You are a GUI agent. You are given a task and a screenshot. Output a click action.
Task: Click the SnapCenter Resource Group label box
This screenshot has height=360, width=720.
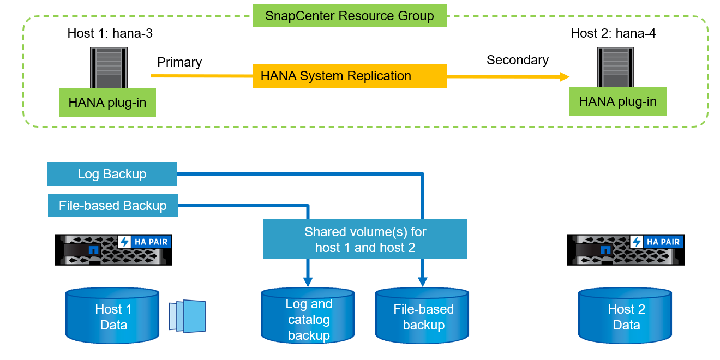(x=350, y=15)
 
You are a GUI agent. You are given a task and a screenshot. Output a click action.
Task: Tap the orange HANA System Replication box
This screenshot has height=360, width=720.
(x=350, y=76)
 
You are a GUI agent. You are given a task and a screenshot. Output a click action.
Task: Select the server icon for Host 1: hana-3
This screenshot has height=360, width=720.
(x=108, y=67)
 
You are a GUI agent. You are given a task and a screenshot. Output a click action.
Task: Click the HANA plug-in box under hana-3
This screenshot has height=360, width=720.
(x=107, y=103)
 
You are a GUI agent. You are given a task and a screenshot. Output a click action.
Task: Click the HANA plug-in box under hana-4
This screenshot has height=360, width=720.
(x=617, y=101)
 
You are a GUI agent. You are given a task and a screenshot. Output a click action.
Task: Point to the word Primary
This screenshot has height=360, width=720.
(x=179, y=62)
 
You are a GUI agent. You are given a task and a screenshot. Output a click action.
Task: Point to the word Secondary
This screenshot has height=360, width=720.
(x=518, y=60)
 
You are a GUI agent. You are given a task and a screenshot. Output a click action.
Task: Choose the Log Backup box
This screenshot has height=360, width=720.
(x=112, y=174)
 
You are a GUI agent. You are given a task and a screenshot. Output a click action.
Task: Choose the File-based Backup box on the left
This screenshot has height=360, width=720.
(x=113, y=206)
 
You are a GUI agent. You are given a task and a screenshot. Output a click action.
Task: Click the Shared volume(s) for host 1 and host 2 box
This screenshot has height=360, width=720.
(x=365, y=239)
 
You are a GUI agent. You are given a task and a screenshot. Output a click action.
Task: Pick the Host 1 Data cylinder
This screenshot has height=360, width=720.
(x=113, y=317)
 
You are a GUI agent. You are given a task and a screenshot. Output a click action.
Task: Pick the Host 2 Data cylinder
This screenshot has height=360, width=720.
(x=626, y=317)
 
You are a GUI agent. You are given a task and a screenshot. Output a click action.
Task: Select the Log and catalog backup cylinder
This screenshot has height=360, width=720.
(x=309, y=319)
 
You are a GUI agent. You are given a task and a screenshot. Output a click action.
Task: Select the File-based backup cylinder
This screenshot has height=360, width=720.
(x=423, y=317)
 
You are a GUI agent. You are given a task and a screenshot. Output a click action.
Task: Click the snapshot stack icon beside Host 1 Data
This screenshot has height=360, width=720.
(x=188, y=316)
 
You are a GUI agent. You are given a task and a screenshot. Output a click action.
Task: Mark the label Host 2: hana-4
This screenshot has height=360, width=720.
(x=613, y=33)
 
